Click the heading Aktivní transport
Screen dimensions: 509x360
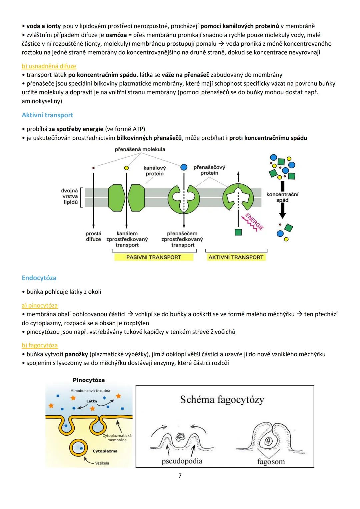[x=47, y=115]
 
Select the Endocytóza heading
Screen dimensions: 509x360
[x=39, y=278]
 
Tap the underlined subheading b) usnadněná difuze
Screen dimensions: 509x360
[x=49, y=66]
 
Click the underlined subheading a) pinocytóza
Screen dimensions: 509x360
[x=40, y=305]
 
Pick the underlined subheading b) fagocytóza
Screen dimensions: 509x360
[x=40, y=345]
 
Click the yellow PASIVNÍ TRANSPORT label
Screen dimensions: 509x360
[x=154, y=257]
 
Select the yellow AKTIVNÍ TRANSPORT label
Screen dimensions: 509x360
[x=236, y=257]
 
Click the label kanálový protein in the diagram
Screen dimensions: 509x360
[x=155, y=171]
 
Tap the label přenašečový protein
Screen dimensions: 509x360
[x=209, y=170]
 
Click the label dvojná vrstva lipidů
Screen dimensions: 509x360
[x=70, y=196]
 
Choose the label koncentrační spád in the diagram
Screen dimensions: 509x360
[x=282, y=197]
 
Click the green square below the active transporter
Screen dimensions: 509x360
[x=238, y=232]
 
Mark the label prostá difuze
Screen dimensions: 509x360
[x=93, y=236]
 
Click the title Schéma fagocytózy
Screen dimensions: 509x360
[x=222, y=399]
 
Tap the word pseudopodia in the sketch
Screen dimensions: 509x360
[x=182, y=461]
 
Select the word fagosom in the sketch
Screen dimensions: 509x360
[x=271, y=462]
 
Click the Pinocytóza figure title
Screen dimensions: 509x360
[x=89, y=380]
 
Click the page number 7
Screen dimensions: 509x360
[x=180, y=476]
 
